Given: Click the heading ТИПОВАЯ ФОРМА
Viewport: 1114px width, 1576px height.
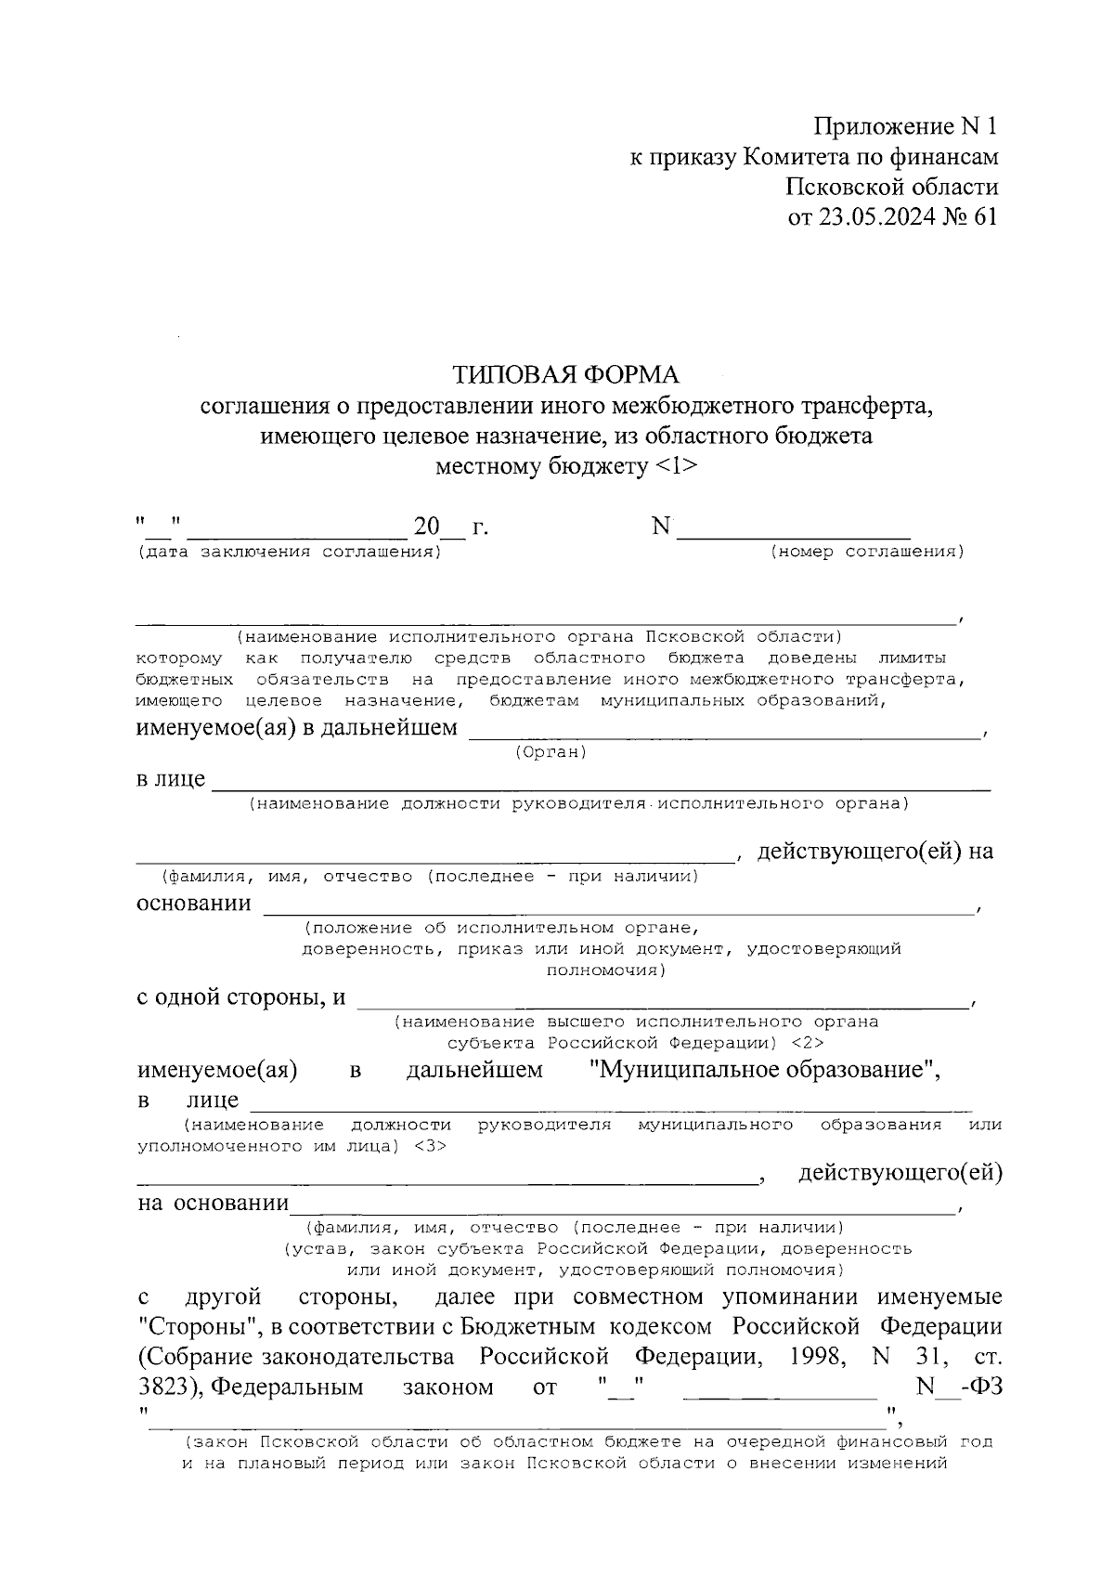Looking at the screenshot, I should tap(565, 374).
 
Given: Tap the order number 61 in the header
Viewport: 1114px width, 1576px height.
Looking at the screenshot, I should tap(985, 216).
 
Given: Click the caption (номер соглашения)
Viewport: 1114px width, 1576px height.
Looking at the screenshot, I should tap(867, 552).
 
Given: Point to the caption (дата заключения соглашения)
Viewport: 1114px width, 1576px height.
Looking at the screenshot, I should tap(288, 552).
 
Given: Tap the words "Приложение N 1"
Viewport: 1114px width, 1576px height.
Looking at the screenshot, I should tap(906, 127).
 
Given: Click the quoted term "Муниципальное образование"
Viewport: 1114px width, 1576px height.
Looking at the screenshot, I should tap(765, 1069).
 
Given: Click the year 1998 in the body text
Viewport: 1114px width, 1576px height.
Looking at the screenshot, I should tap(816, 1357).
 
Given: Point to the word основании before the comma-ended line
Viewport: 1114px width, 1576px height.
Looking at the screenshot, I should tap(193, 903).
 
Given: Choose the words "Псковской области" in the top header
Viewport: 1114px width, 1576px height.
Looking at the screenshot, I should tap(892, 187).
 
